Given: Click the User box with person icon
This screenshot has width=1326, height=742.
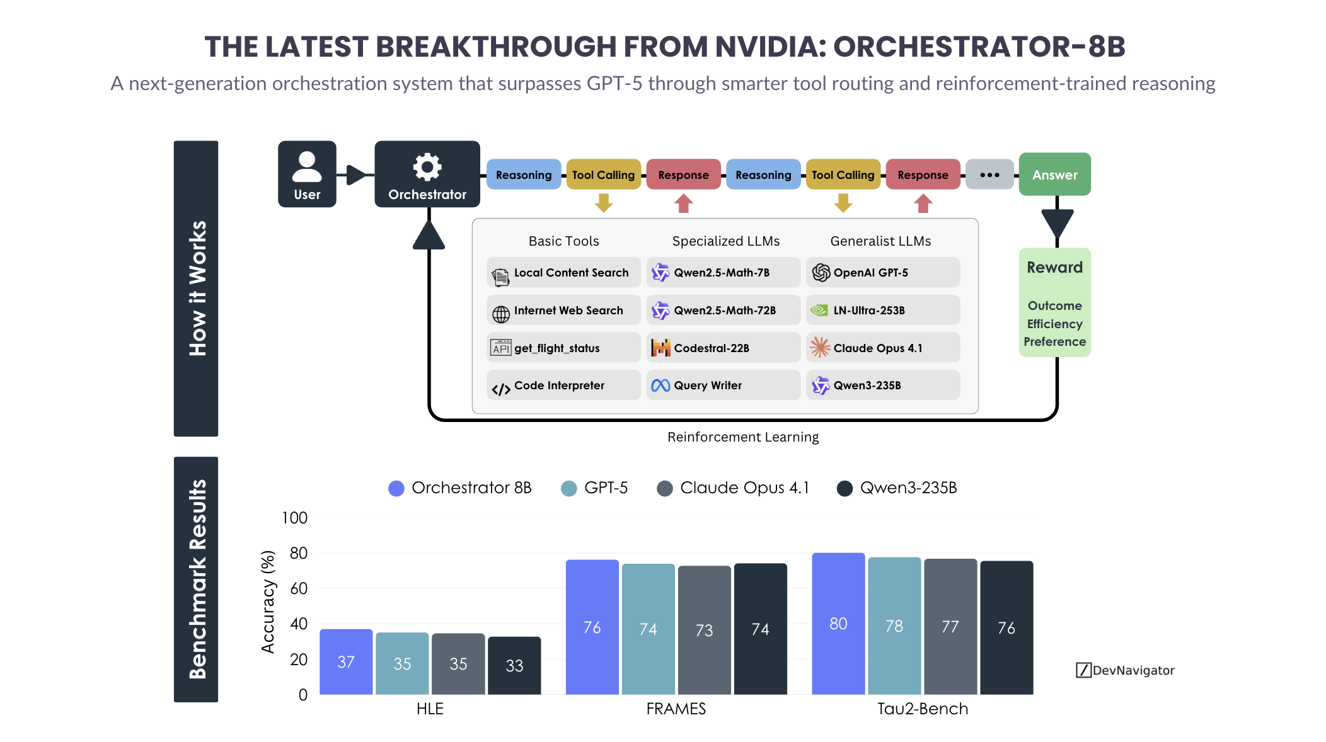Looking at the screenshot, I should [307, 174].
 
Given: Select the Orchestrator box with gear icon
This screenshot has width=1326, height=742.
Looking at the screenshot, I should [427, 174].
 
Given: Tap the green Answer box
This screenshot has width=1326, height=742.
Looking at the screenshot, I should [1054, 174].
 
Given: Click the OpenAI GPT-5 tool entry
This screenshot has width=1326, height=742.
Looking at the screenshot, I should [882, 273].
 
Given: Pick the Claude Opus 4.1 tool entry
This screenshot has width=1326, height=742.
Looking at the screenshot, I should [882, 348].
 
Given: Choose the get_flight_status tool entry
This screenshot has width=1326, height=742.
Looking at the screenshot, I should [563, 348].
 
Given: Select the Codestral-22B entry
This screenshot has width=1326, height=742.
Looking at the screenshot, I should [723, 348].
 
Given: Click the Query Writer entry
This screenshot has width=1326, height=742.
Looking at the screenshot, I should [723, 385].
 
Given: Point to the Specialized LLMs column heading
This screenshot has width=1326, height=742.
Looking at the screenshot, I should [725, 241].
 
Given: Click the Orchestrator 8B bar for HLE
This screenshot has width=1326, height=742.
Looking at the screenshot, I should [346, 661].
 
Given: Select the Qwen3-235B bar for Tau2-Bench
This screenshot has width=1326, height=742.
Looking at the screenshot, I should [1006, 627].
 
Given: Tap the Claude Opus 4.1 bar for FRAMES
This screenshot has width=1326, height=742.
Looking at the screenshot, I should [704, 630].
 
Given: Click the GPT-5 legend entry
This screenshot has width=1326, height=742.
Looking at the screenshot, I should [595, 488].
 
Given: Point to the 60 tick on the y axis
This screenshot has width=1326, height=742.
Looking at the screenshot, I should [299, 588].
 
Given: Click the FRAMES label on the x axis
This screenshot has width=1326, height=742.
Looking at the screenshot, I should [676, 709].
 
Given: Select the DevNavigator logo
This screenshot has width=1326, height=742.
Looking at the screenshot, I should [1126, 670].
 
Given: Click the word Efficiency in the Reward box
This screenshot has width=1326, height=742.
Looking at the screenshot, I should [1054, 324].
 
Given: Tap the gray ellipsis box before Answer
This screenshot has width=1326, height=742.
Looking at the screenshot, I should [989, 174].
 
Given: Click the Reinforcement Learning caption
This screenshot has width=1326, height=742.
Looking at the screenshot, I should [743, 437].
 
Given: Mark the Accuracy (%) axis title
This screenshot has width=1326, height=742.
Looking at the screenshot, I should [268, 602].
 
